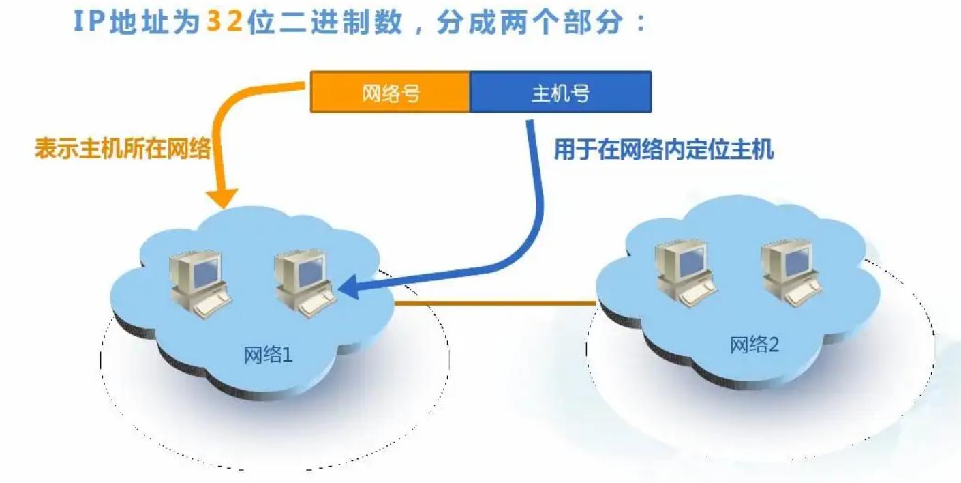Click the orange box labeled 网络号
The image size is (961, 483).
click(x=390, y=93)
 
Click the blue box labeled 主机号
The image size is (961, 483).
click(x=560, y=93)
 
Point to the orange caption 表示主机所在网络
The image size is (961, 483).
click(x=123, y=149)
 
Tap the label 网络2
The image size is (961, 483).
click(x=754, y=345)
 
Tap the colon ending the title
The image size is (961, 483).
click(x=639, y=23)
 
